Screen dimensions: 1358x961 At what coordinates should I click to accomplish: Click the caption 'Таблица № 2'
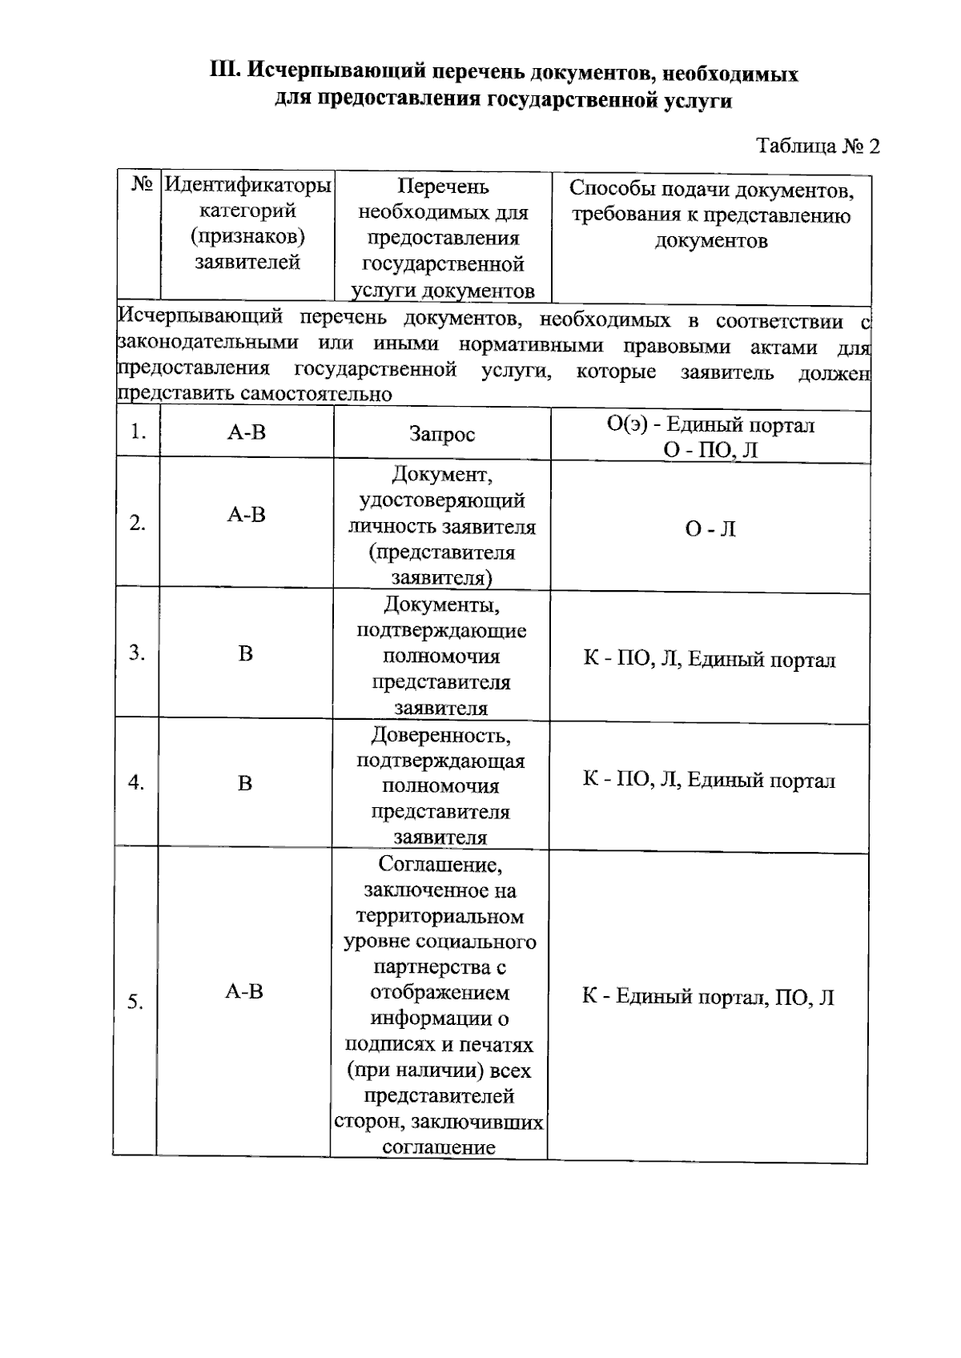pos(818,146)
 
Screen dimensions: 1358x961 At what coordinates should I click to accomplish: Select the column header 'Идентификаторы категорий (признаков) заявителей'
pos(247,224)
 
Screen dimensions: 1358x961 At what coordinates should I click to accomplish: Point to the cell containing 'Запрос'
pos(442,434)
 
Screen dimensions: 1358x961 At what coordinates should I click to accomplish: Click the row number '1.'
pos(138,432)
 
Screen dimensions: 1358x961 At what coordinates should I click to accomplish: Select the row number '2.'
pos(138,523)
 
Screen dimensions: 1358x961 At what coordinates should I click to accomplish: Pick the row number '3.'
pos(137,653)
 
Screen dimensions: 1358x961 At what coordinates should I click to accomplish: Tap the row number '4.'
pos(136,782)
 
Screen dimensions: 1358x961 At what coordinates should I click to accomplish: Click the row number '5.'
pos(135,1002)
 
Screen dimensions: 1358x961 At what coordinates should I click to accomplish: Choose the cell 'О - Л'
pos(710,529)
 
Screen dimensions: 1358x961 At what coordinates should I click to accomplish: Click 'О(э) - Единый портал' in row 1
pos(710,424)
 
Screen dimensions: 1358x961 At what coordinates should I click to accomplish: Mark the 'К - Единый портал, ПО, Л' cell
pos(708,997)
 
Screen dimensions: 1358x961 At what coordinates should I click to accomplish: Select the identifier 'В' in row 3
pos(245,654)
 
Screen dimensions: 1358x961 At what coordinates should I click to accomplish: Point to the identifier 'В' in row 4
pos(245,783)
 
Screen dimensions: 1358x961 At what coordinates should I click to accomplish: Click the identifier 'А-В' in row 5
pos(244,992)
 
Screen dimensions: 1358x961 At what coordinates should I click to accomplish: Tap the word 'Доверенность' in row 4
pos(441,734)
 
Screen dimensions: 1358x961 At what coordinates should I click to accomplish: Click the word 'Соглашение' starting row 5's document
pos(440,865)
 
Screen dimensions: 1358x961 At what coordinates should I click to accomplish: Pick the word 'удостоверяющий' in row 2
pos(442,500)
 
